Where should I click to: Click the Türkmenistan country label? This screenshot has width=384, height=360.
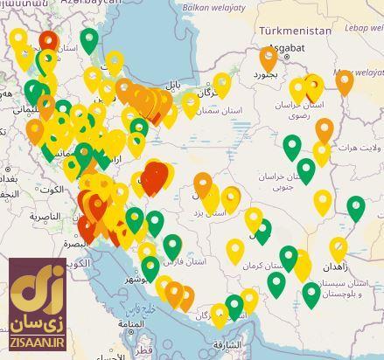click(x=295, y=31)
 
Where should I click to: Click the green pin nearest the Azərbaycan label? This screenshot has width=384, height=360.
click(x=89, y=38)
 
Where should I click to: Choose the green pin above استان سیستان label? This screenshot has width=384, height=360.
click(x=311, y=294)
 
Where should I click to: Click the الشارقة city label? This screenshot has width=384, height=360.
click(x=226, y=345)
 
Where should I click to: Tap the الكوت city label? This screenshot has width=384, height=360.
click(x=51, y=190)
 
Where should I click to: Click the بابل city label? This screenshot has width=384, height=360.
click(x=175, y=84)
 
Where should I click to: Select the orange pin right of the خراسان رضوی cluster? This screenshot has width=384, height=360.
click(x=345, y=80)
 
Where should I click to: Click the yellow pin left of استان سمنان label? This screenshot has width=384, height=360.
click(x=190, y=104)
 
